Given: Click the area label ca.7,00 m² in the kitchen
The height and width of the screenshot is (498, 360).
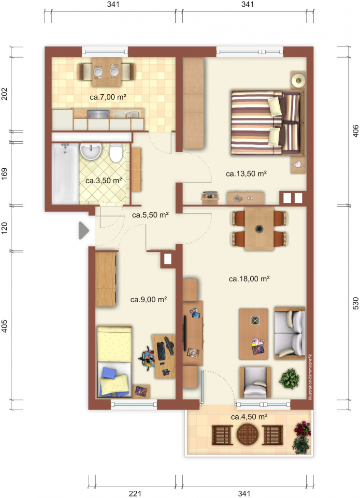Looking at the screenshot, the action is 108,97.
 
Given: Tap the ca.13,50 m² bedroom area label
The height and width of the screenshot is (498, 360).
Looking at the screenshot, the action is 246,174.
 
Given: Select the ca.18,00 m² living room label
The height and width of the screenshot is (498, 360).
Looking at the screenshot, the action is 249,279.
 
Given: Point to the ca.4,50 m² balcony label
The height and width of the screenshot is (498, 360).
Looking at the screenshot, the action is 249,416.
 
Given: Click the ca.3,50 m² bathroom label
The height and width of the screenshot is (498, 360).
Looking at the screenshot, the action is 104,181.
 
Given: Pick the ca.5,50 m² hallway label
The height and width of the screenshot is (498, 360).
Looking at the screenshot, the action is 150,215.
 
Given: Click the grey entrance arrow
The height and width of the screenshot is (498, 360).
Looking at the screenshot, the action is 84,230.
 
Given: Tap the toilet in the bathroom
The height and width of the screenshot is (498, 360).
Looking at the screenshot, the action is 116,153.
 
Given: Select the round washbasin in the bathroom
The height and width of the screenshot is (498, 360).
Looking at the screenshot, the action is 91,150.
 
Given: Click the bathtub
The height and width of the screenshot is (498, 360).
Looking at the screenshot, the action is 65,174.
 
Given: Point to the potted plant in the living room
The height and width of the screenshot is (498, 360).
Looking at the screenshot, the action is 289,379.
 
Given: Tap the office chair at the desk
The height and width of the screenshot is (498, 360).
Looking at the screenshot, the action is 147,358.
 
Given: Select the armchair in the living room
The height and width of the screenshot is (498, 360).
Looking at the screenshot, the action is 256,382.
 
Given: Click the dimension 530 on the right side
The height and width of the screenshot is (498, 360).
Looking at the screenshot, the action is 356,303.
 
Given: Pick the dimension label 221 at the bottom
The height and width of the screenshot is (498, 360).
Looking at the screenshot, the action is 135,493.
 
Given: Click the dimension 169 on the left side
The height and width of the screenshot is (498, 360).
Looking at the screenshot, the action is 4,174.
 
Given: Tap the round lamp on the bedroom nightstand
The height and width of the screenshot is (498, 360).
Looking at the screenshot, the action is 299,80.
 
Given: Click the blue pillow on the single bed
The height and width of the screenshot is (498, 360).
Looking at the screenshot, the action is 109,372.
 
